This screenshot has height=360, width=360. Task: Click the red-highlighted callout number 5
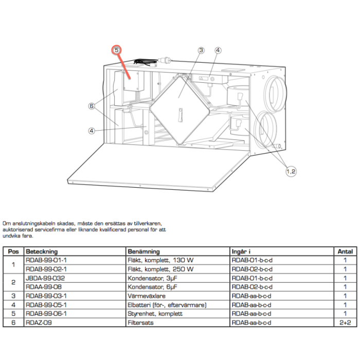point(117,50)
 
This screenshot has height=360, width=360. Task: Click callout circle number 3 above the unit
point(201,50)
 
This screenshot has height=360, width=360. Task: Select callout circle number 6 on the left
point(91,106)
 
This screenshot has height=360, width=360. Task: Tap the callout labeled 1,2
point(291,172)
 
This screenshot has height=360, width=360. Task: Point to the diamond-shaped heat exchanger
point(179,105)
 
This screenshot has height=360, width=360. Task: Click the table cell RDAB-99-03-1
point(46,296)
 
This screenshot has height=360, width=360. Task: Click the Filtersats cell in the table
point(140,322)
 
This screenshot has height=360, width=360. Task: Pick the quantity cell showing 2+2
point(345,322)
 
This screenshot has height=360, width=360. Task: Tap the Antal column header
point(345,251)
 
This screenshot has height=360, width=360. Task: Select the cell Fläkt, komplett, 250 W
point(161,269)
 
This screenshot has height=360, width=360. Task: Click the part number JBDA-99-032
point(45,278)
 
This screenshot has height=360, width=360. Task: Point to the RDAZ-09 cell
point(39,322)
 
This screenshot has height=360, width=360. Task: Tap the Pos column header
point(13,251)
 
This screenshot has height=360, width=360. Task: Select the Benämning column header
point(145,251)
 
